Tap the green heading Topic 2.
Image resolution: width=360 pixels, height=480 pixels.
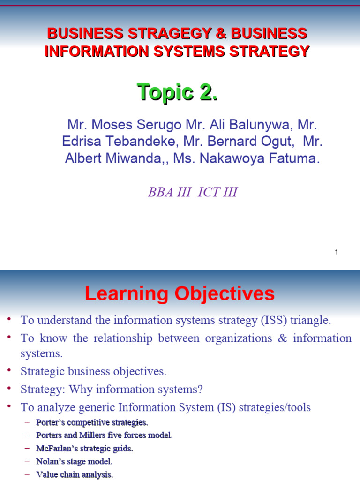[177, 92]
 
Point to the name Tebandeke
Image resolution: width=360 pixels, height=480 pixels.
[136, 142]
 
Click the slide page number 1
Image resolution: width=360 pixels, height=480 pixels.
[336, 252]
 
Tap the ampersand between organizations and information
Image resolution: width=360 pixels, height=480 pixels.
[282, 338]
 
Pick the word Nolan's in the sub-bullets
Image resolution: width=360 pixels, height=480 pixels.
[50, 462]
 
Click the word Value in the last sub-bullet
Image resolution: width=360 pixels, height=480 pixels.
[45, 474]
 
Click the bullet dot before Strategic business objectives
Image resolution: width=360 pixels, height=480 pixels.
[9, 370]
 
